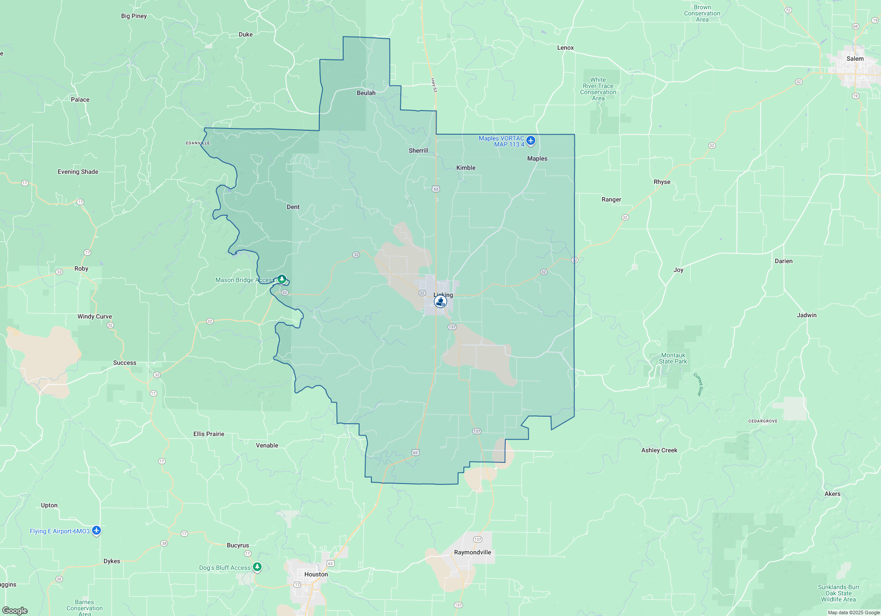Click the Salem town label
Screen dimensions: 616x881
[855, 59]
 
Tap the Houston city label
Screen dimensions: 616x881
[316, 574]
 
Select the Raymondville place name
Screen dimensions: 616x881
[472, 552]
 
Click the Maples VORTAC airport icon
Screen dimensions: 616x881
[531, 141]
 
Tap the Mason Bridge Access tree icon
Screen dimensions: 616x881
[282, 279]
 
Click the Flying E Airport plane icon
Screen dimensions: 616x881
[96, 531]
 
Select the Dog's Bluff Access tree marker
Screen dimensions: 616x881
[257, 567]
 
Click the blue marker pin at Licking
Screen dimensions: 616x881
[440, 301]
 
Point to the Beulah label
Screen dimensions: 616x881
[366, 93]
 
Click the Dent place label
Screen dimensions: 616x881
[293, 207]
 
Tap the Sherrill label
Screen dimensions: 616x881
[418, 150]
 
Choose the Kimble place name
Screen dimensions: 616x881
[466, 168]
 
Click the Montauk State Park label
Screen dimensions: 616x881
[673, 358]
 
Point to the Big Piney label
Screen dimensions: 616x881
[134, 16]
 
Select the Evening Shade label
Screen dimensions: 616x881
[78, 172]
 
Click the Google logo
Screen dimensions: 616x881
[15, 610]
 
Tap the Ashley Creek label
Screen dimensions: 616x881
[659, 450]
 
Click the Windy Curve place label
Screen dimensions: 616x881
[95, 316]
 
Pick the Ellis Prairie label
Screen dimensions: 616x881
[209, 434]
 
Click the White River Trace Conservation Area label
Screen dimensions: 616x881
[598, 89]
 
